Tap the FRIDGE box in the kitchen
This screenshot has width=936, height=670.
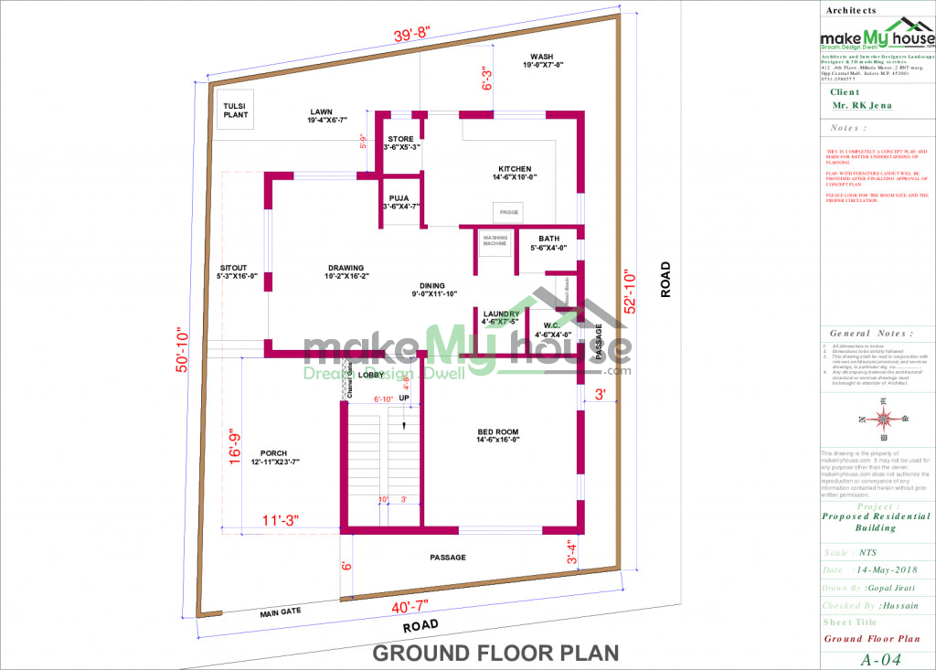pos(509,212)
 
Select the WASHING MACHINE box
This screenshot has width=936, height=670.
pos(495,240)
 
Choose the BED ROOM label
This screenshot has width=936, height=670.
pos(498,435)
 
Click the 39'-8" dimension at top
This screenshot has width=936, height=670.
pos(412,36)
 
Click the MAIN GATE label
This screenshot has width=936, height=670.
pos(281,612)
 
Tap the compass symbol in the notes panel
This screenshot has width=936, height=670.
pos(883,420)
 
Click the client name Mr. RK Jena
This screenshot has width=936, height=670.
pos(862,106)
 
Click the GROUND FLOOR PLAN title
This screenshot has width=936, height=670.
pos(495,653)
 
